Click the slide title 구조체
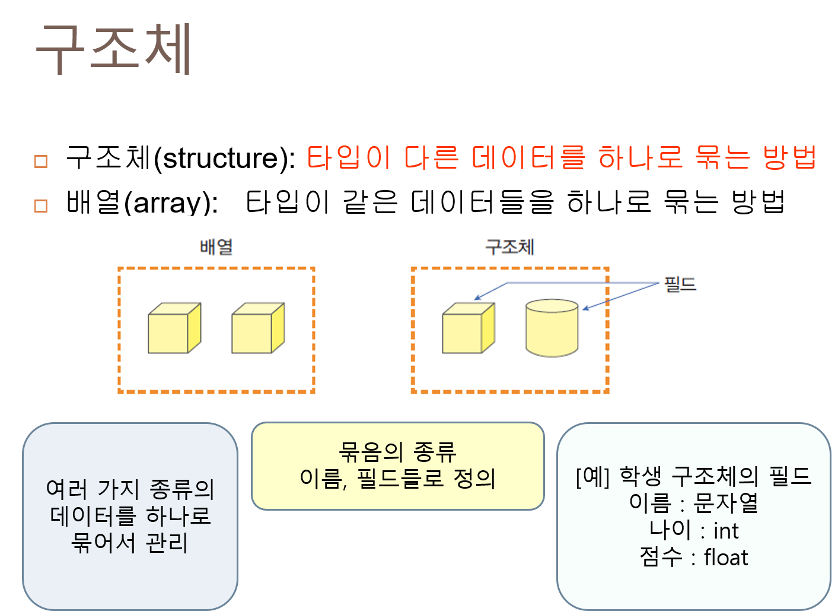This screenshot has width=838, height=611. [114, 49]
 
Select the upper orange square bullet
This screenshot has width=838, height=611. [41, 162]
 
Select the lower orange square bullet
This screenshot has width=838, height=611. [41, 206]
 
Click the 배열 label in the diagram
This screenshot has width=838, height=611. [216, 247]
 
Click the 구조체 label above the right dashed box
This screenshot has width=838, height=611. [509, 247]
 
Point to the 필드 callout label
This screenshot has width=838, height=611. [680, 284]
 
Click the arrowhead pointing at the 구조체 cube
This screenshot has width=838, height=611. [477, 299]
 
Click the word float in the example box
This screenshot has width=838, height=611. [726, 558]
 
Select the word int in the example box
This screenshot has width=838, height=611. [726, 531]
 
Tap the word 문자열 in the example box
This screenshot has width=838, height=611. [726, 504]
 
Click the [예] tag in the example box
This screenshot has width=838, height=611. [592, 476]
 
